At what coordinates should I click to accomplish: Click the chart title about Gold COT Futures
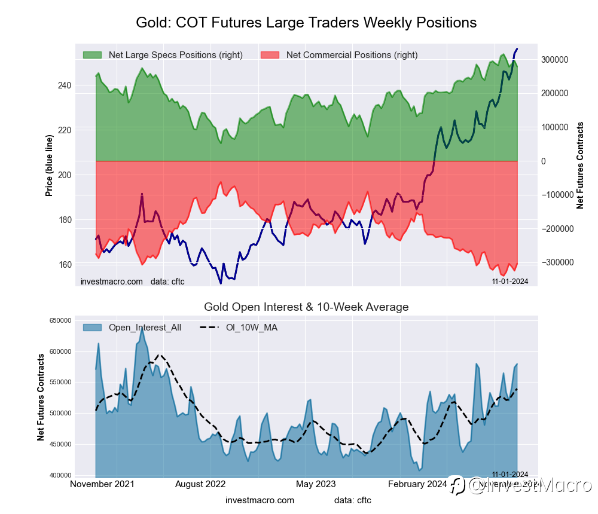pyautogui.click(x=306, y=23)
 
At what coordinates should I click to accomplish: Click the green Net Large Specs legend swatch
pyautogui.click(x=92, y=55)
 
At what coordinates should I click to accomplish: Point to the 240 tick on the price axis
pyautogui.click(x=64, y=85)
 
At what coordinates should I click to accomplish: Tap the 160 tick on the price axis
pyautogui.click(x=64, y=265)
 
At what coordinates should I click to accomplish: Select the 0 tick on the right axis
pyautogui.click(x=544, y=161)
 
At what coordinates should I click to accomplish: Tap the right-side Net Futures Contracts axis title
pyautogui.click(x=580, y=165)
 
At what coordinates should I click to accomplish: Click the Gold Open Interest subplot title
pyautogui.click(x=306, y=307)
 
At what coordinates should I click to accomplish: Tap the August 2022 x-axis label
pyautogui.click(x=203, y=484)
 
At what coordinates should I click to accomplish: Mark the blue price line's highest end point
pyautogui.click(x=517, y=48)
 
